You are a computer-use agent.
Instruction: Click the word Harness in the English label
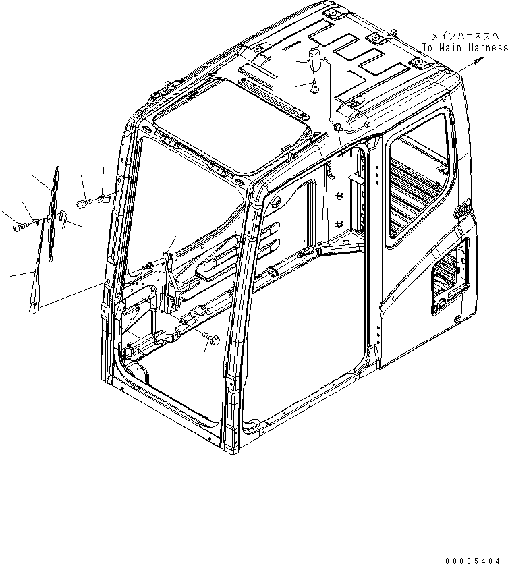(x=486, y=48)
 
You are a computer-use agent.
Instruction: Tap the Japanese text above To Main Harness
(x=465, y=35)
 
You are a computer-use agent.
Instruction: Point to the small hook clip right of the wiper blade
(x=63, y=216)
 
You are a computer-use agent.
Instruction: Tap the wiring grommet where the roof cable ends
(x=337, y=126)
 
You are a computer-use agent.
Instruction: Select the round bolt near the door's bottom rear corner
(x=457, y=317)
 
